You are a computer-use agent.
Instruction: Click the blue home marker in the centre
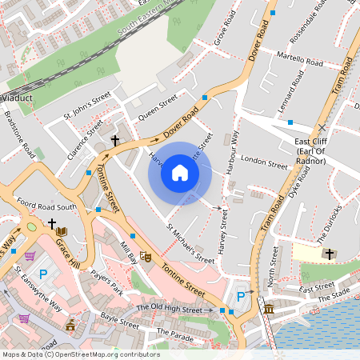pos(180,173)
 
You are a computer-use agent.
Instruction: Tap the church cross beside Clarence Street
pos(114,140)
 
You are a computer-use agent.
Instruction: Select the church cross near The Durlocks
pos(329,254)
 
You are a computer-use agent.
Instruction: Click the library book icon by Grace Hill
pos(61,232)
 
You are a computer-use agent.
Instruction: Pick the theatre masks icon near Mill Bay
pos(146,256)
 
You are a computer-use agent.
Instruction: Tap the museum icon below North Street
pos(268,308)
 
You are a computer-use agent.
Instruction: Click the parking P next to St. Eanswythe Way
pos(44,274)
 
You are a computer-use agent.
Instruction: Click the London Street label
pos(263,163)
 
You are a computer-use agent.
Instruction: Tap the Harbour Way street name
pos(234,149)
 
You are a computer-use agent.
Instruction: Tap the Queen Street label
pos(157,108)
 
